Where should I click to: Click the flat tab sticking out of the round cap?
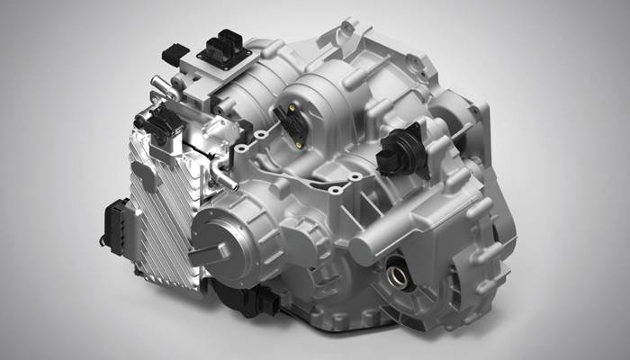208,250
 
